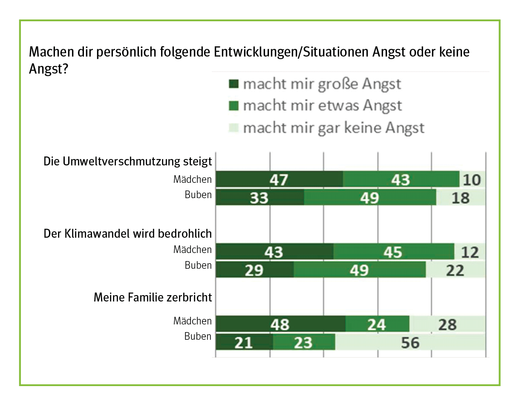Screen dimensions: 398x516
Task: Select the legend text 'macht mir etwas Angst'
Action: (322, 105)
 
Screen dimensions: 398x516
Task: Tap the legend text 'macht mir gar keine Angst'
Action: (334, 127)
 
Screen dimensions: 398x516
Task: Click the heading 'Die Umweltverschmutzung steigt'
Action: (128, 162)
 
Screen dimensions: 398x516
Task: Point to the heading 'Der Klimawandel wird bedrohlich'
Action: (128, 234)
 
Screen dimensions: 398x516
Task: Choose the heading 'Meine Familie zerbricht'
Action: (153, 297)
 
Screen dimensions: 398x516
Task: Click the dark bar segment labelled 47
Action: (280, 179)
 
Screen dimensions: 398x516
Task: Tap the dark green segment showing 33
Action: (260, 197)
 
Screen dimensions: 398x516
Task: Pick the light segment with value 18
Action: (461, 197)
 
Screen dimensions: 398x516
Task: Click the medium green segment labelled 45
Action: (394, 252)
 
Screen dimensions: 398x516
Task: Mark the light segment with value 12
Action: (470, 252)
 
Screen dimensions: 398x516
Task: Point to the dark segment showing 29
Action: (255, 270)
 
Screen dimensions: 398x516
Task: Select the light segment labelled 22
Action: (455, 270)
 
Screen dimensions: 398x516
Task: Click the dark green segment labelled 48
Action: (280, 324)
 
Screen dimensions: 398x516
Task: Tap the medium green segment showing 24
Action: (377, 324)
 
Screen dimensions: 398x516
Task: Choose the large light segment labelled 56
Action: (410, 342)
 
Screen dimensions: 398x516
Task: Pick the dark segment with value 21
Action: (244, 342)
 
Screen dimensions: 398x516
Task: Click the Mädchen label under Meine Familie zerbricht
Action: (192, 321)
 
